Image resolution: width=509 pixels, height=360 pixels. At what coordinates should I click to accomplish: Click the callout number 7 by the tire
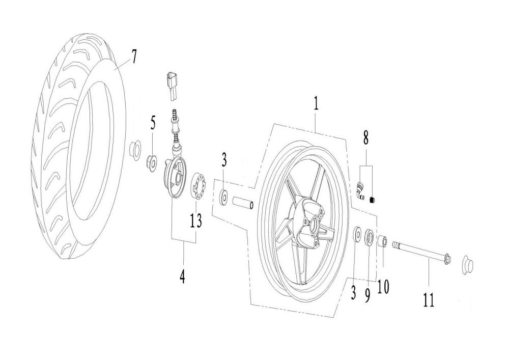(x=132, y=58)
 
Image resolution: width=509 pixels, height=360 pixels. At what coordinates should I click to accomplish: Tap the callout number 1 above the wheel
(x=316, y=102)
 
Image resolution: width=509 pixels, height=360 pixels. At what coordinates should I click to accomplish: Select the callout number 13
(x=196, y=221)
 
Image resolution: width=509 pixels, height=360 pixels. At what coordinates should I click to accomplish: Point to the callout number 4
(x=182, y=276)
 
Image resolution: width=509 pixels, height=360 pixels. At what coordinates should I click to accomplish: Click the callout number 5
(x=153, y=123)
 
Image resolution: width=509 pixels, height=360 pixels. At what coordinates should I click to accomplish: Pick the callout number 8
(x=366, y=137)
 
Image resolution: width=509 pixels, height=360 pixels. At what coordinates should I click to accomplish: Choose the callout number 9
(x=367, y=295)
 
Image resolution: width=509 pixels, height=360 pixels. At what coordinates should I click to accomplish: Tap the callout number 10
(x=383, y=286)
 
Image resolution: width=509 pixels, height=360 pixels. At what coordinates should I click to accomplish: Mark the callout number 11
(x=429, y=299)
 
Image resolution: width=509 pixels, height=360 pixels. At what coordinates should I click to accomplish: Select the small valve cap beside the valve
(x=373, y=200)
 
